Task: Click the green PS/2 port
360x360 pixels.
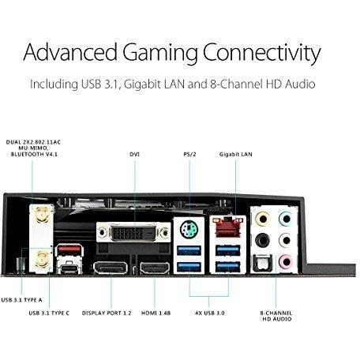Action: [189, 230]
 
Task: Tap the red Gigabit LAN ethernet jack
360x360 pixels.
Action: [228, 227]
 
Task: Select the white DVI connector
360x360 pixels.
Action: [133, 232]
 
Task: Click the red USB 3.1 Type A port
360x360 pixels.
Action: [69, 249]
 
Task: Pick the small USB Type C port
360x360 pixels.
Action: [69, 268]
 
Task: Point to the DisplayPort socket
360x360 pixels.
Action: [111, 268]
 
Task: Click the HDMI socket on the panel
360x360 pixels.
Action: [155, 268]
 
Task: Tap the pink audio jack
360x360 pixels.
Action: [286, 262]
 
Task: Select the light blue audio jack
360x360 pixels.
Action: [286, 219]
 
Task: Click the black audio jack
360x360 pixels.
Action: [262, 240]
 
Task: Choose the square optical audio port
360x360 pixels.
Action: [261, 263]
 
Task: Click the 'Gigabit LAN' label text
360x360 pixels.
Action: [236, 155]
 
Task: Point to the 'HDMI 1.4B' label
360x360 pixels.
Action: [156, 313]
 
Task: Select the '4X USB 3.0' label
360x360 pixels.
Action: [210, 313]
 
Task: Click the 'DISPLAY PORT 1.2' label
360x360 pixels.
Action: [107, 313]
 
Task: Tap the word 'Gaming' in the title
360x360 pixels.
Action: [159, 53]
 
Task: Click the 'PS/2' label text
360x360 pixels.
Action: [189, 154]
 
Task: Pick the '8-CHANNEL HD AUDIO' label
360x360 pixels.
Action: [276, 316]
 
